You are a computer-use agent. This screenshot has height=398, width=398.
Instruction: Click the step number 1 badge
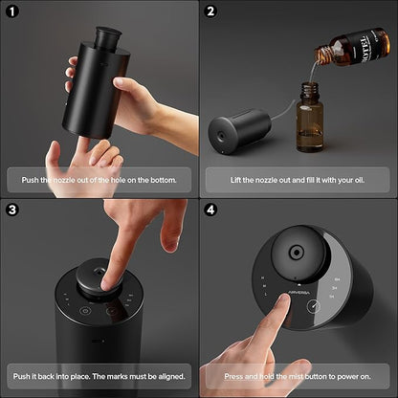[x=14, y=14]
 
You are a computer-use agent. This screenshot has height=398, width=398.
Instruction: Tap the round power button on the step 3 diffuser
[x=84, y=310]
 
